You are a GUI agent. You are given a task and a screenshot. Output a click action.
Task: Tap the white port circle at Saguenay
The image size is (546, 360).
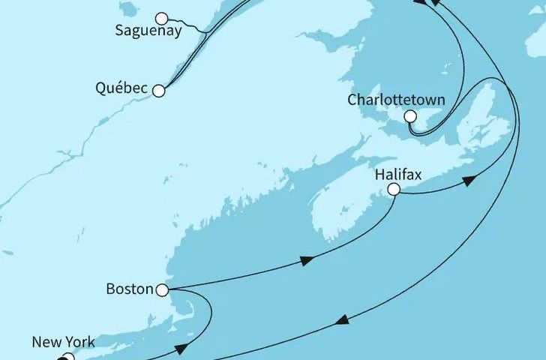point(160,18)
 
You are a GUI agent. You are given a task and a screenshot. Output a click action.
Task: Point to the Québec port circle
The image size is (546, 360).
point(158,91)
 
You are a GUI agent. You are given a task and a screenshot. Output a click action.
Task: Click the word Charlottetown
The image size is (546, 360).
point(396,100)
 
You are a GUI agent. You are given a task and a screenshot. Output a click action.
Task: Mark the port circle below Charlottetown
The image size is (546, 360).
point(410,116)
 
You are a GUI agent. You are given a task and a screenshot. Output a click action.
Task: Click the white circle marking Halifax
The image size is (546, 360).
point(393,191)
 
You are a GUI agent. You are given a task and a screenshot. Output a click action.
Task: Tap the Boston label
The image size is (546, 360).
point(130,289)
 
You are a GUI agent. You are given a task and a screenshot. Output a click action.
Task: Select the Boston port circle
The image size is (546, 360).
point(162,289)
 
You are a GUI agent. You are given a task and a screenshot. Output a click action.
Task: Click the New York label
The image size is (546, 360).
point(63,343)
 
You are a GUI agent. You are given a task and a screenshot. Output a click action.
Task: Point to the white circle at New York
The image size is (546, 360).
point(68,358)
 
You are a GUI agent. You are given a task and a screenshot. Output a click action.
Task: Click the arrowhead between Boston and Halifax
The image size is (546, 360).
point(306,261)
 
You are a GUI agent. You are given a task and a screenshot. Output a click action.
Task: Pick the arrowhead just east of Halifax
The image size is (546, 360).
point(469,181)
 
